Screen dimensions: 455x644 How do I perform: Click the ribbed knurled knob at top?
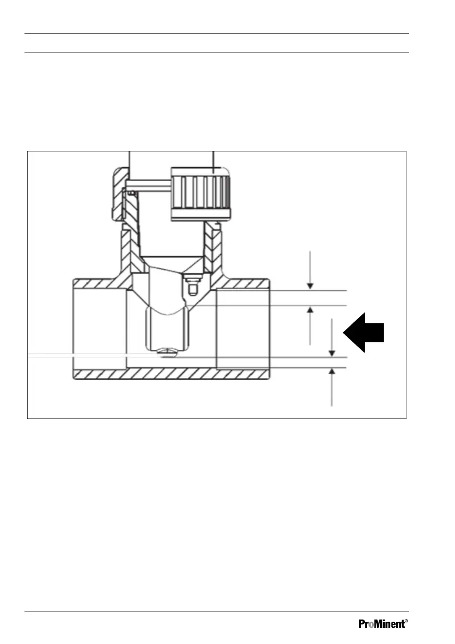(x=201, y=193)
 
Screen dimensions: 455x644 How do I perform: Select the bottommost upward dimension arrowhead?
(x=332, y=372)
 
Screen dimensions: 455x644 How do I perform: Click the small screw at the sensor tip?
(x=165, y=352)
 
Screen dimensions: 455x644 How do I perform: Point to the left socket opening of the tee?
(x=99, y=328)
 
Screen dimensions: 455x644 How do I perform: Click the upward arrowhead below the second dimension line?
(x=310, y=310)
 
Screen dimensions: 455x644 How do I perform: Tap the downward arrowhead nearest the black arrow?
(x=332, y=352)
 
